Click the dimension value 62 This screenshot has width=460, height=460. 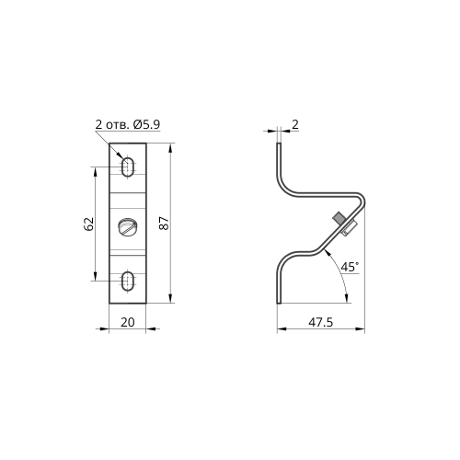(88, 224)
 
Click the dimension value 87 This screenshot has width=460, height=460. (164, 224)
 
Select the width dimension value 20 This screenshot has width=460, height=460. (128, 322)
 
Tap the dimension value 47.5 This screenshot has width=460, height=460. (320, 322)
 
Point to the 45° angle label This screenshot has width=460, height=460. (350, 267)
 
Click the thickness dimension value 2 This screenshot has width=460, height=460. (295, 124)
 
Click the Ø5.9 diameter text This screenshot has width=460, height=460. (146, 124)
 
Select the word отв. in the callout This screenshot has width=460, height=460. (117, 125)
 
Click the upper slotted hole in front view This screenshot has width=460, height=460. (128, 167)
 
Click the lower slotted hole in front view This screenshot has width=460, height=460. (128, 281)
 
